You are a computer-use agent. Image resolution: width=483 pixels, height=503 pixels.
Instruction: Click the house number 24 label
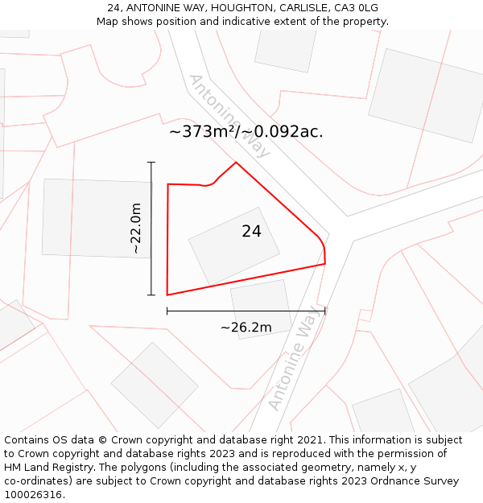(x=251, y=232)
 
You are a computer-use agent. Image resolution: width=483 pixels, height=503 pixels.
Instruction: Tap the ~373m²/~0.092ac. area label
(x=246, y=132)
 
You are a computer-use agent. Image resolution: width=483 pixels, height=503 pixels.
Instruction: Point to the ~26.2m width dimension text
(x=246, y=327)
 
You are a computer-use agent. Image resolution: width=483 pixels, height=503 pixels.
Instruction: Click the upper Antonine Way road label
(x=230, y=116)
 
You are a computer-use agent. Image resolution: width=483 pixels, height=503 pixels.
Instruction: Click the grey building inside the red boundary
(x=234, y=245)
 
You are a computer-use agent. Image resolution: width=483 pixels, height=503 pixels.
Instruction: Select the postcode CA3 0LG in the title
(x=357, y=8)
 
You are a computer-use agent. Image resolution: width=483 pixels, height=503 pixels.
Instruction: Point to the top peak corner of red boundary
(x=236, y=163)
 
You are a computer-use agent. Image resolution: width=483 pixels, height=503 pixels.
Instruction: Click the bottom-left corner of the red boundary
(x=167, y=295)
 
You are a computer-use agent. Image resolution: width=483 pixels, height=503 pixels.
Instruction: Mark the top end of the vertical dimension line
(x=151, y=163)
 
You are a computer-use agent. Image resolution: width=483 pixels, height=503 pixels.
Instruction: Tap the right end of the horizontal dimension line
(x=325, y=311)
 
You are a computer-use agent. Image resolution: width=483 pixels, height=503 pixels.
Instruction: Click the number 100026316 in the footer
(x=31, y=495)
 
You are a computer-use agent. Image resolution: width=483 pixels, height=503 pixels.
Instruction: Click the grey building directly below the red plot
(x=261, y=308)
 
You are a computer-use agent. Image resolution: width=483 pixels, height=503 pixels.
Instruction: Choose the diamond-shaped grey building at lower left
(x=155, y=385)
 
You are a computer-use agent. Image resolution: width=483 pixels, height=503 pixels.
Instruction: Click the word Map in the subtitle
(x=109, y=22)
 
